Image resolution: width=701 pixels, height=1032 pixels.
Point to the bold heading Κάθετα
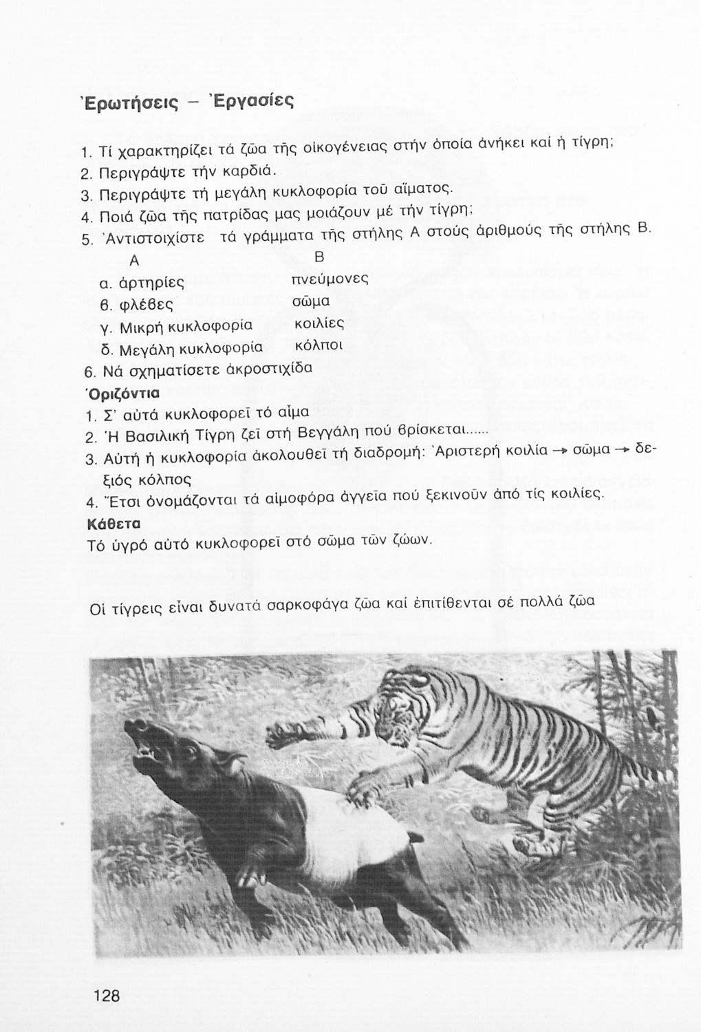click(x=115, y=523)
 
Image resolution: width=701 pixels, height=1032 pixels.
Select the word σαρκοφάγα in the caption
click(x=309, y=608)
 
